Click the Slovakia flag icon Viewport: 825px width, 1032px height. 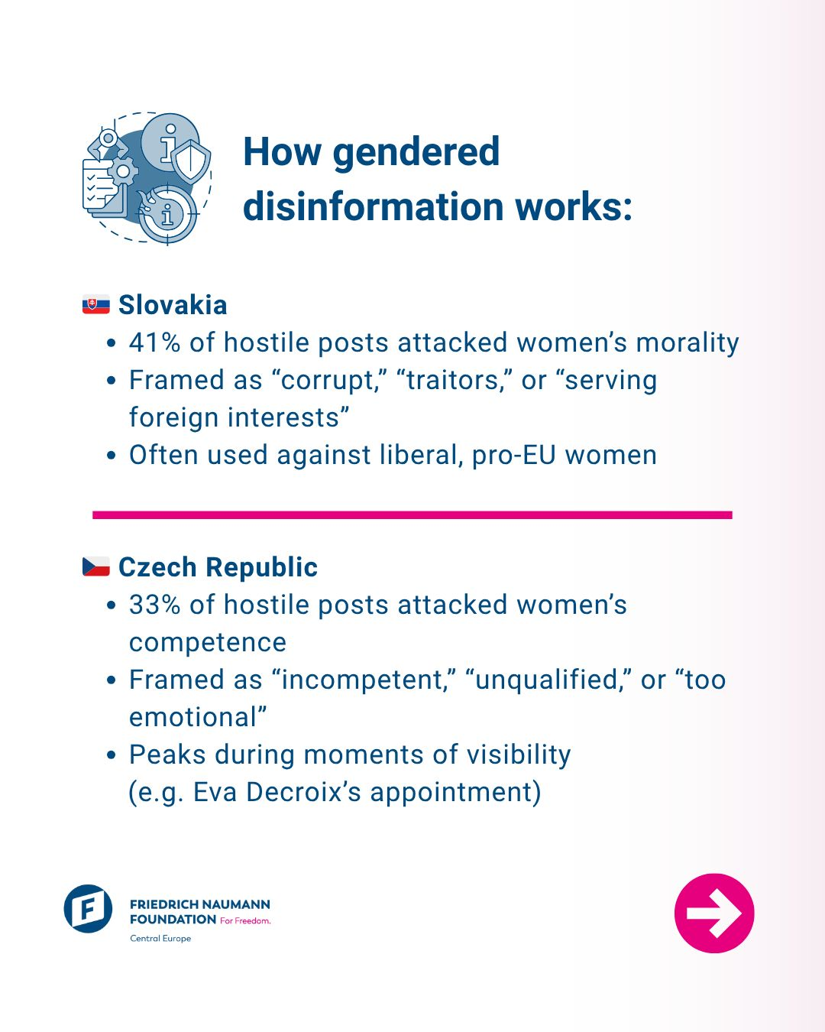tap(95, 305)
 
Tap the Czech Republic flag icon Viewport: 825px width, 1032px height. tap(95, 566)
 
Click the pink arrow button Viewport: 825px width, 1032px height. tap(714, 913)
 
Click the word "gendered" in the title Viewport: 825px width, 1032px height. tap(416, 151)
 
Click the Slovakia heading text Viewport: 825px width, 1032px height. tap(173, 305)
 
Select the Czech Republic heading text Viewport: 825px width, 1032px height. tap(218, 567)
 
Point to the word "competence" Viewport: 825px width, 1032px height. tap(208, 642)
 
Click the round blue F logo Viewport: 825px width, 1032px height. tap(88, 909)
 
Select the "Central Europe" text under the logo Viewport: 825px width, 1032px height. tap(160, 939)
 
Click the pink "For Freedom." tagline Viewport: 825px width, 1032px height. tap(245, 920)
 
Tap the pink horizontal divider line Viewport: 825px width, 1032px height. tap(412, 515)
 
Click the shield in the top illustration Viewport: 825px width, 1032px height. tap(190, 161)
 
